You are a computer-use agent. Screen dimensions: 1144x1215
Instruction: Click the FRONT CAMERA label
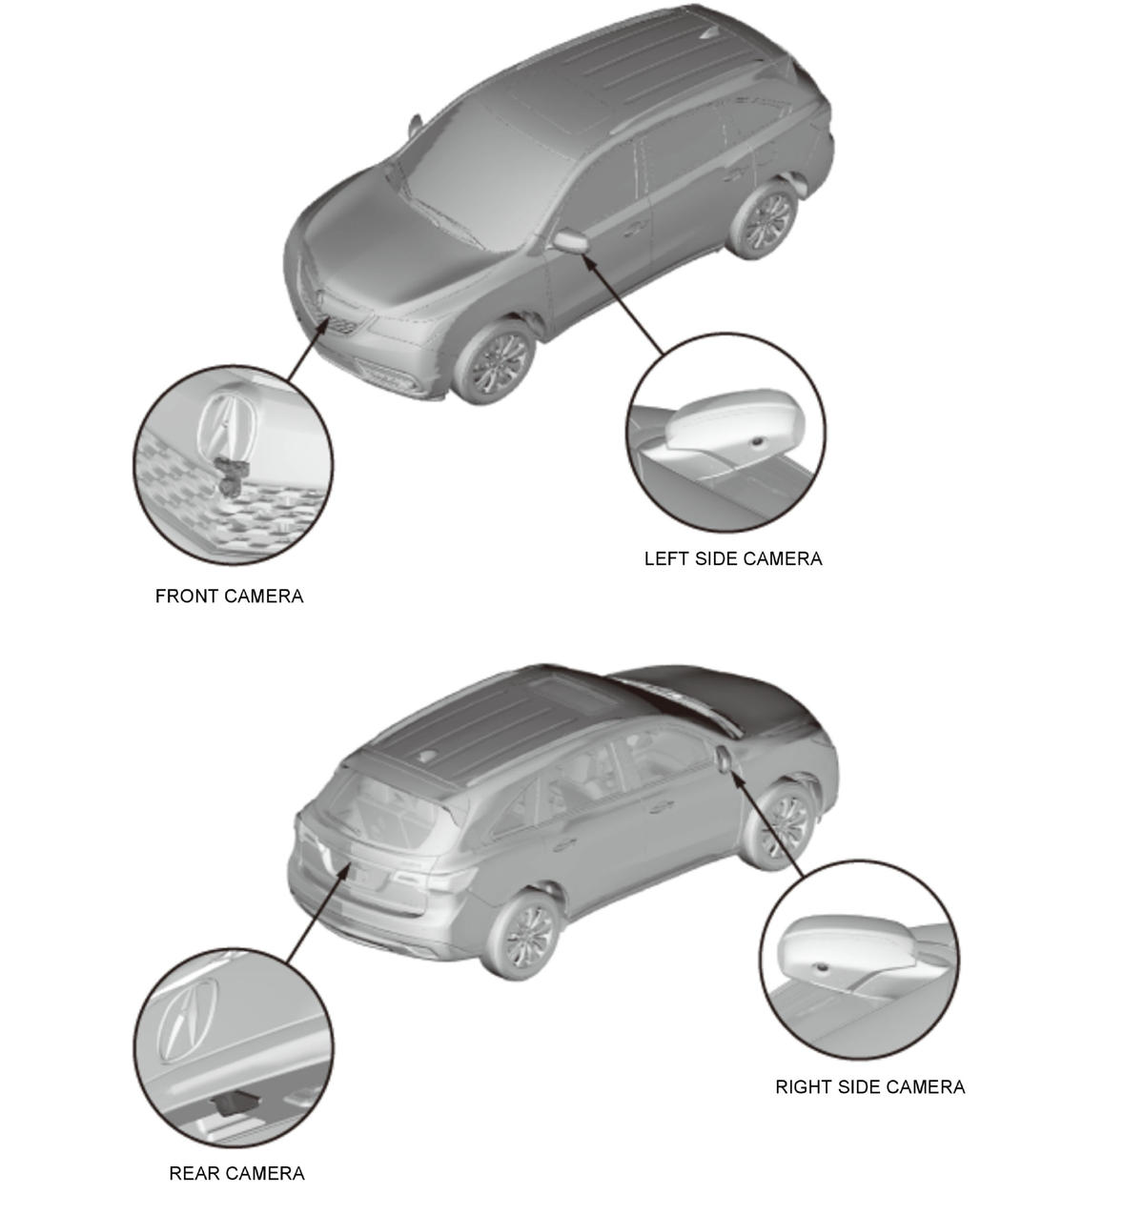click(x=229, y=596)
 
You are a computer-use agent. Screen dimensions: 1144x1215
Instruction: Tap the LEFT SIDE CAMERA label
click(x=733, y=558)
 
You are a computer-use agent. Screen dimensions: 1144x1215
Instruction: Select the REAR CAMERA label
click(x=236, y=1173)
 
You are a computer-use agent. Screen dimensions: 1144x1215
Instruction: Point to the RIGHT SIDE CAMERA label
click(x=869, y=1087)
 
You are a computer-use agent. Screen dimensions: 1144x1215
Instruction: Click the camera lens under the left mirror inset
click(x=760, y=441)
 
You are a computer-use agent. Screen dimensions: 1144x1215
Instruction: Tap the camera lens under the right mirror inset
click(x=821, y=968)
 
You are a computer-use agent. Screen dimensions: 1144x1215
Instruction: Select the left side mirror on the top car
click(x=571, y=240)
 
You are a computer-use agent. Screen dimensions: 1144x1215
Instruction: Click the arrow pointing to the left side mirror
click(x=623, y=304)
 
